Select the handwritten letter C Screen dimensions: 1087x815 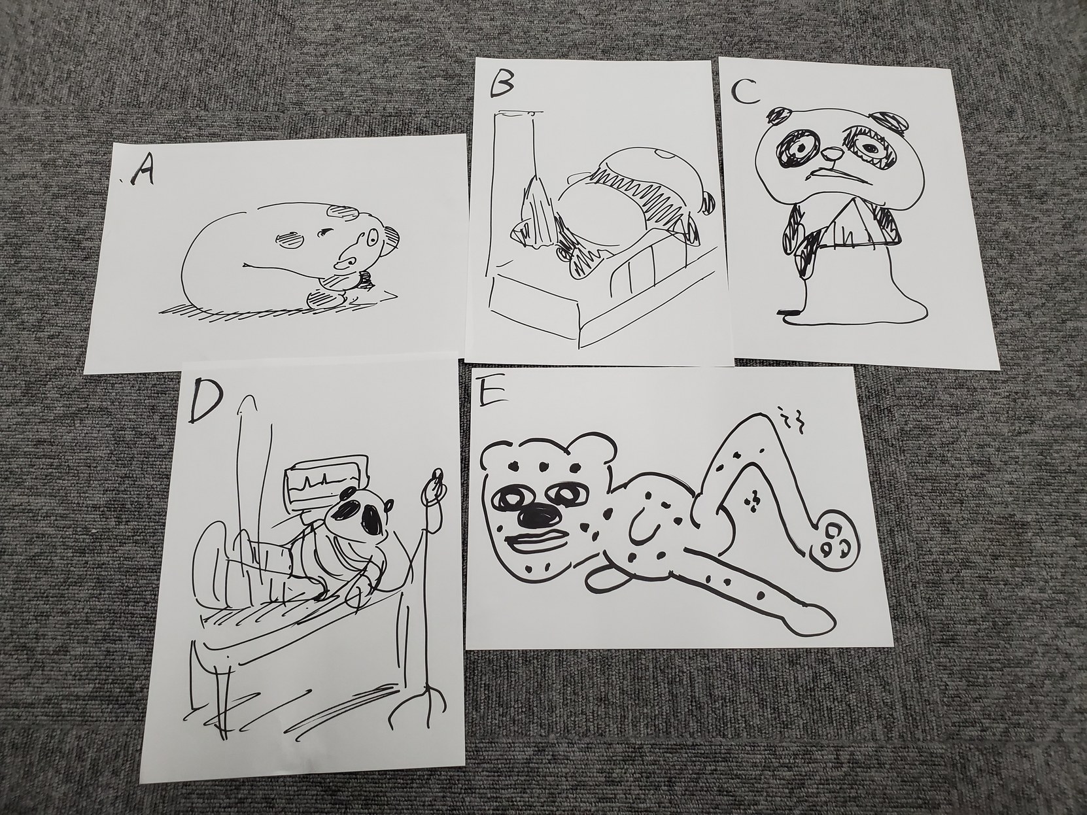[746, 91]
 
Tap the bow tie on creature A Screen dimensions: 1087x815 [366, 280]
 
